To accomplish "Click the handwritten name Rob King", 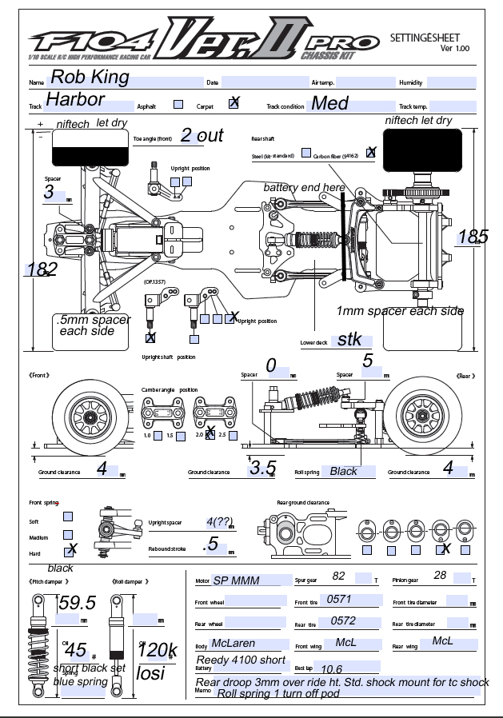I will pyautogui.click(x=89, y=78).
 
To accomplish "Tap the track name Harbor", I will pyautogui.click(x=75, y=100).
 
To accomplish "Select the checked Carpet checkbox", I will pyautogui.click(x=234, y=102).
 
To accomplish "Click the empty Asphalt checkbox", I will pyautogui.click(x=178, y=105).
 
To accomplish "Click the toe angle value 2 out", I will pyautogui.click(x=202, y=136).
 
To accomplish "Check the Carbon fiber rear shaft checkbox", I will pyautogui.click(x=371, y=152).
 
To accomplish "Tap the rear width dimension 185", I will pyautogui.click(x=473, y=237).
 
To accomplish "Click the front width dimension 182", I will pyautogui.click(x=42, y=269).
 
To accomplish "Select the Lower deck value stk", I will pyautogui.click(x=349, y=339).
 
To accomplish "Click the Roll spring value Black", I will pyautogui.click(x=344, y=471).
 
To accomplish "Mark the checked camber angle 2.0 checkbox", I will pyautogui.click(x=210, y=435).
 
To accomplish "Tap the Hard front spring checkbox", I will pyautogui.click(x=70, y=550).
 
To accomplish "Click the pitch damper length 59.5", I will pyautogui.click(x=78, y=603).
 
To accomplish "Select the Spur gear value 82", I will pyautogui.click(x=338, y=576).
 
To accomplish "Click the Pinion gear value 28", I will pyautogui.click(x=440, y=576).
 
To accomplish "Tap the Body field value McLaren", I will pyautogui.click(x=235, y=644).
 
